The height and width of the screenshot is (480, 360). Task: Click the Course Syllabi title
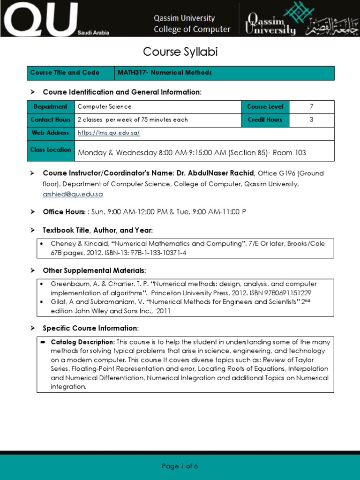pos(180,52)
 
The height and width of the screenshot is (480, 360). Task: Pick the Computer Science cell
pos(105,107)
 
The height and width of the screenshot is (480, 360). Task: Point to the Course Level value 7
pos(311,106)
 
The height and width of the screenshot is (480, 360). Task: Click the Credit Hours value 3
pos(311,120)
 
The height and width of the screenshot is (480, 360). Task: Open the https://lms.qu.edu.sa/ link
pos(109,133)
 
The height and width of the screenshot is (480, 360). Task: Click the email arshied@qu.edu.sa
pos(73,194)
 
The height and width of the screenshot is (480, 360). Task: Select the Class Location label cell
pos(51,150)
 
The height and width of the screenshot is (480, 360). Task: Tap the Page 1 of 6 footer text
pos(180,466)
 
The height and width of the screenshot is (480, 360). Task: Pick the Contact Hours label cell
pos(50,120)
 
